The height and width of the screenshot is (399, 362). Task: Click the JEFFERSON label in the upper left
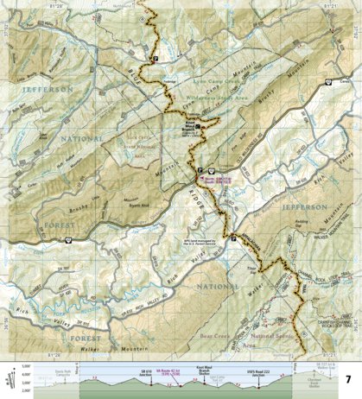(x=35, y=87)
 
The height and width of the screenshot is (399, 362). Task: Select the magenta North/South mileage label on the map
(x=219, y=179)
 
